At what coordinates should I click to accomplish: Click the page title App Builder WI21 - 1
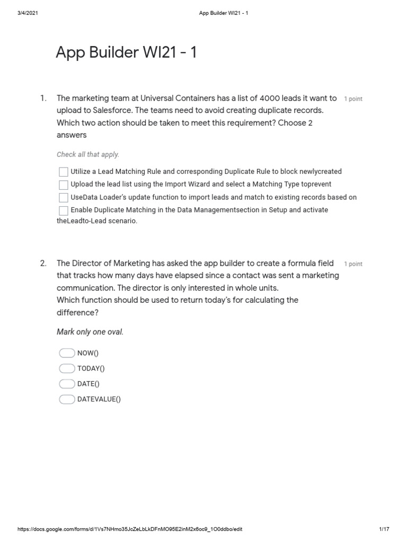(x=126, y=53)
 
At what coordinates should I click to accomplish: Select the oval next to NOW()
(x=67, y=353)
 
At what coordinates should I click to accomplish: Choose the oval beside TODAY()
(x=67, y=369)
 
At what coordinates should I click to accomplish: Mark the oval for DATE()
(x=67, y=384)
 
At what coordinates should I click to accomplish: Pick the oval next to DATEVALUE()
(x=67, y=399)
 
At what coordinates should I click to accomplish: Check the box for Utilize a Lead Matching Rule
(x=63, y=172)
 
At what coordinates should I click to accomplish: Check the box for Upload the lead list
(x=63, y=185)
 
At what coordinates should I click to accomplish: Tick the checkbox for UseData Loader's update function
(x=63, y=197)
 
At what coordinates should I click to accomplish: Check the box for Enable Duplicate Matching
(x=63, y=211)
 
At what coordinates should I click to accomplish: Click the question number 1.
(x=43, y=98)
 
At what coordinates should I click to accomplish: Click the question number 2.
(x=43, y=263)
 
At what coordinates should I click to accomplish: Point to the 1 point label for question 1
(x=353, y=99)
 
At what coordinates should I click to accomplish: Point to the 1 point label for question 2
(x=353, y=264)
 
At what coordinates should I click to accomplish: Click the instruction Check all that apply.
(x=88, y=155)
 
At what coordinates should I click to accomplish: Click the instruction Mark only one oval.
(x=90, y=332)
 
